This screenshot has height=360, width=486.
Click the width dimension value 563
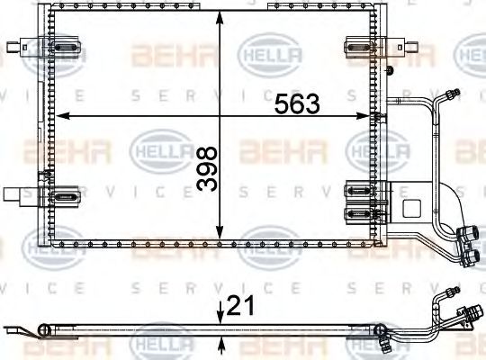coord(297,104)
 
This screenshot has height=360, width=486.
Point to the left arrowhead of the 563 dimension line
coord(61,115)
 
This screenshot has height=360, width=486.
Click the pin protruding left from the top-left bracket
coord(10,44)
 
